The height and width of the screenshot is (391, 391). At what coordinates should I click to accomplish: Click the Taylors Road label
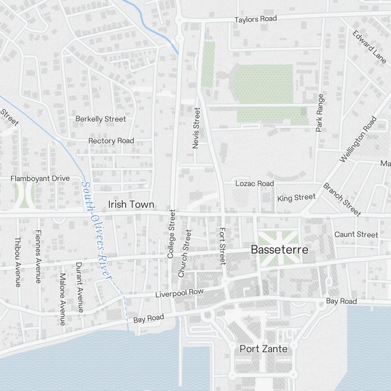point(255,19)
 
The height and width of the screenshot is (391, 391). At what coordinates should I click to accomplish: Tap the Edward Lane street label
point(369,46)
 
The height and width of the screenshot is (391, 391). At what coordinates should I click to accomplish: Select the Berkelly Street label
point(101,119)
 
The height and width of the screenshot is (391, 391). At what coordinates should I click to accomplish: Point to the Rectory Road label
point(111,141)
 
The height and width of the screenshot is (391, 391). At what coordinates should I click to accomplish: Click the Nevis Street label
point(196,128)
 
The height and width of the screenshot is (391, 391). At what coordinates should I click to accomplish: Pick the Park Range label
point(320,113)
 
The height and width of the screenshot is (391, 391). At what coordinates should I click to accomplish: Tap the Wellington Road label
point(357,139)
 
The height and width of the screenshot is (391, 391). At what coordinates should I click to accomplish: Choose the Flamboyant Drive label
point(40,179)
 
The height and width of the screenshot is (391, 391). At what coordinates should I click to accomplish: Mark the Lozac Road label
point(255,183)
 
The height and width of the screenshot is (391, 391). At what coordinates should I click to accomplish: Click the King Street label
point(296,198)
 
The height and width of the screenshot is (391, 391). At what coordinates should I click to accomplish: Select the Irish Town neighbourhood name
point(131,204)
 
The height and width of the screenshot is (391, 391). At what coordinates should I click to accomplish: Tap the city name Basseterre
point(280,250)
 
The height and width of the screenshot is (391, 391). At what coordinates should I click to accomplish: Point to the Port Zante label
point(264,349)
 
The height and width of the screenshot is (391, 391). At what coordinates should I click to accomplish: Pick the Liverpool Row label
point(179,293)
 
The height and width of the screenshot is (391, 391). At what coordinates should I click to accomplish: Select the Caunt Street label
point(356,235)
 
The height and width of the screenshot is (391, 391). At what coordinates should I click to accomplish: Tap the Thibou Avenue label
point(18,262)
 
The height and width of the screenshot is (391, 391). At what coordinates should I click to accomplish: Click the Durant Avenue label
point(79,287)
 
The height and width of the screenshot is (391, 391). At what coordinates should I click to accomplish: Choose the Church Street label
point(185,253)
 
